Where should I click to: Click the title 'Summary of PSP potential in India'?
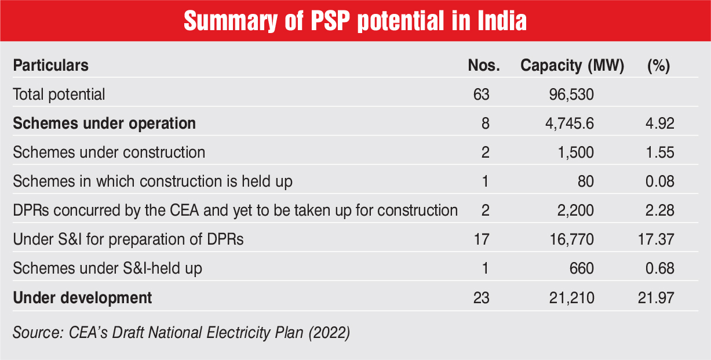pos(355,21)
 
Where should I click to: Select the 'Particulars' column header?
pos(51,66)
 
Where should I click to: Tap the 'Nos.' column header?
pos(483,66)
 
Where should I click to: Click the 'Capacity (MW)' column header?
pos(572,66)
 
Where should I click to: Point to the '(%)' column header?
pos(658,66)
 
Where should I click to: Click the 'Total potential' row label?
pos(59,94)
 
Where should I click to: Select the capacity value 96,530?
pos(571,94)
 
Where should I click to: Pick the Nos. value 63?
pos(481,94)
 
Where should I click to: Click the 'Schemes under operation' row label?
pos(104,123)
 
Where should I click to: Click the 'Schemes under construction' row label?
pos(109,152)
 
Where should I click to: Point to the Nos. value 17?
pos(481,239)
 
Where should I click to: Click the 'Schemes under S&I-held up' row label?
pos(108,268)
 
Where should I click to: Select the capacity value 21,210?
pos(571,298)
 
